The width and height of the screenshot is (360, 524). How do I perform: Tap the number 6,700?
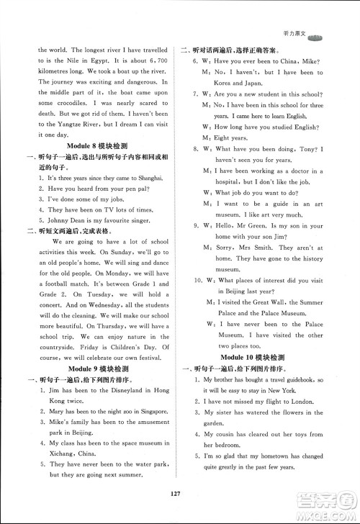point(157,61)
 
